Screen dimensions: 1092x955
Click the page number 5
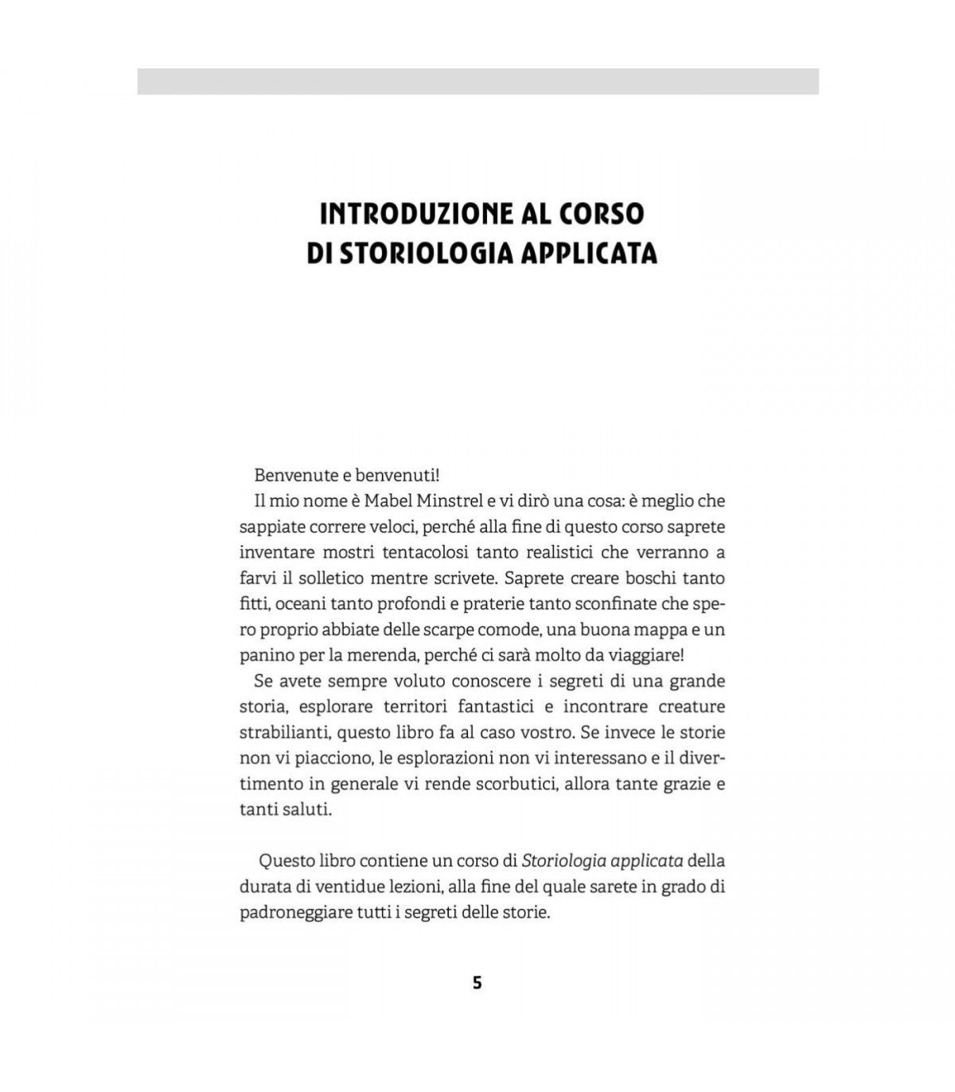point(477,982)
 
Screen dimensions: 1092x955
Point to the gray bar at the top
point(477,81)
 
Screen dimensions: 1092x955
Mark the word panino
point(266,655)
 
